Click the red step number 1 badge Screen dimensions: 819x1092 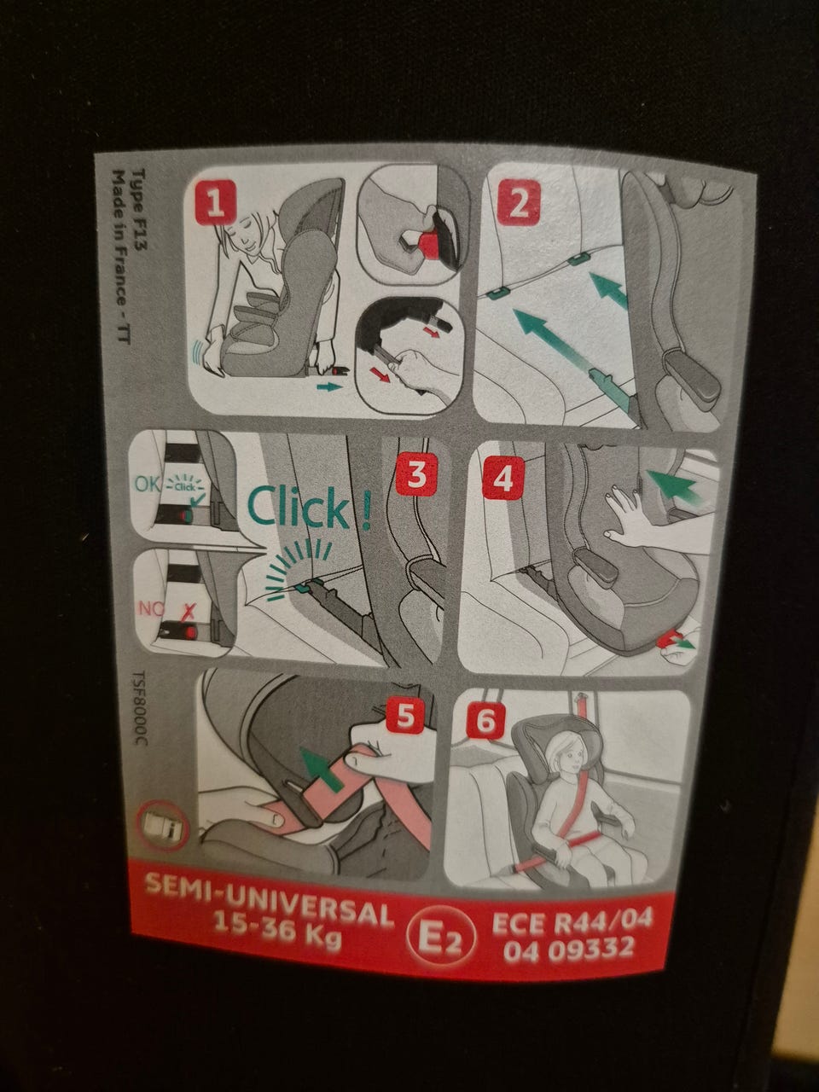[215, 206]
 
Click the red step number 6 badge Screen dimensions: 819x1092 [485, 720]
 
